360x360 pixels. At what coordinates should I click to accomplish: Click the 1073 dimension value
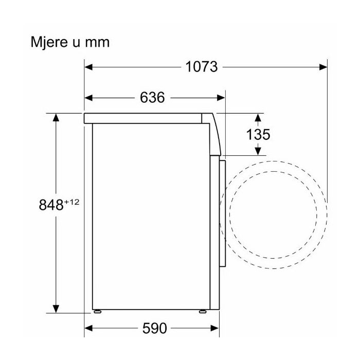point(202,67)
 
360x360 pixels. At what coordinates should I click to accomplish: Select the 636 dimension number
point(152,97)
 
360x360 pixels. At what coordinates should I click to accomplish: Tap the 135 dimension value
point(258,134)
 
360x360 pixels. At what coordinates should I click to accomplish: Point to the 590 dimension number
point(154,328)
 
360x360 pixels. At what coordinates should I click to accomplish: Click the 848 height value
point(51,205)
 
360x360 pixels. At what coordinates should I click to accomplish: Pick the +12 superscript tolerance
point(72,202)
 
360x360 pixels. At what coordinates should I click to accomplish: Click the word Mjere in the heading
point(50,43)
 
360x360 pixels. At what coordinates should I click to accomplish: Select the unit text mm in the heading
point(97,43)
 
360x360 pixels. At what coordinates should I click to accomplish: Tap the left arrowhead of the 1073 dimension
point(88,67)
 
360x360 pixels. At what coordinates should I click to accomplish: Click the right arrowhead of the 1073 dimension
point(323,67)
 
